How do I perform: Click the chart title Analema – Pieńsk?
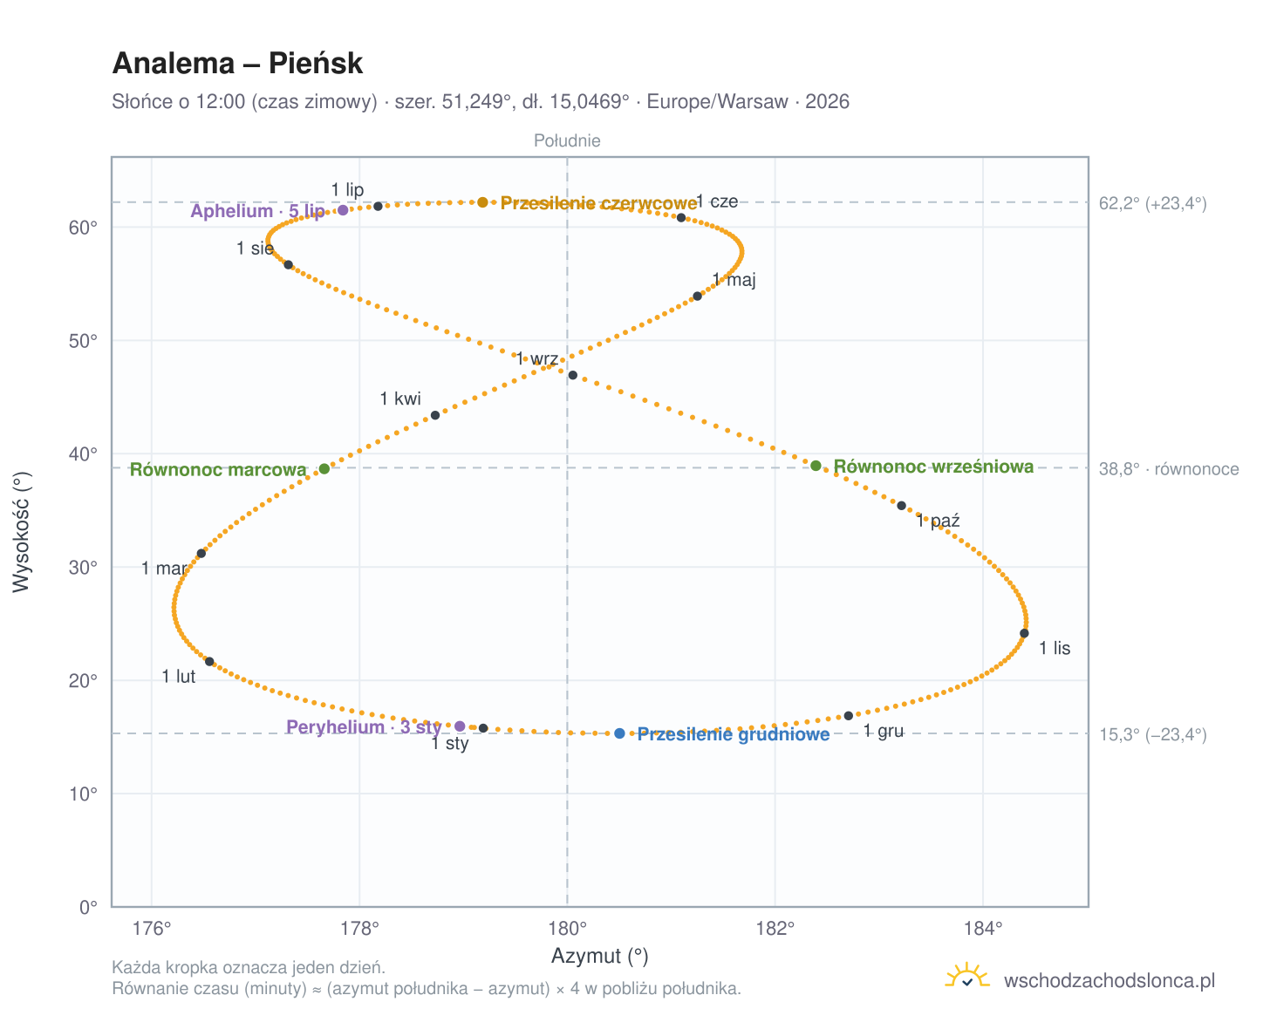(x=236, y=63)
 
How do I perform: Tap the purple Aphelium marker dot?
(x=342, y=209)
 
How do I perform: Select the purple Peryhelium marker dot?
(x=459, y=726)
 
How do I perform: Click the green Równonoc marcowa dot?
(x=324, y=467)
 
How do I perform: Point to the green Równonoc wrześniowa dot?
(x=815, y=465)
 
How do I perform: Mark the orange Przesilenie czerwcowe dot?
(x=482, y=201)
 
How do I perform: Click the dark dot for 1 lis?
(x=1023, y=632)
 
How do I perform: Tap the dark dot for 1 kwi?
(x=434, y=414)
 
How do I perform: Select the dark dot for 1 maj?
(x=696, y=296)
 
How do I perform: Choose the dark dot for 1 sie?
(x=288, y=264)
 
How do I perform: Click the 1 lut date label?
(x=179, y=676)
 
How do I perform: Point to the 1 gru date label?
(x=883, y=730)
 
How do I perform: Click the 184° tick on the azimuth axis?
(x=982, y=928)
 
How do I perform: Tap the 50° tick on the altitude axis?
(x=83, y=340)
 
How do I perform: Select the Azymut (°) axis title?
(x=599, y=955)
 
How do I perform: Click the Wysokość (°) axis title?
(x=21, y=531)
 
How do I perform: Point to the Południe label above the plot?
(x=567, y=140)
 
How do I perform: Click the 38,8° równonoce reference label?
(x=1168, y=468)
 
